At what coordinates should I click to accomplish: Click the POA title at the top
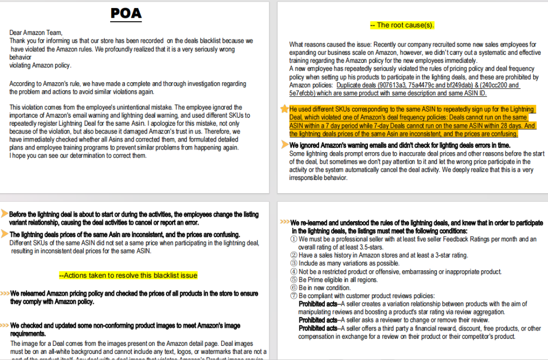click(x=126, y=13)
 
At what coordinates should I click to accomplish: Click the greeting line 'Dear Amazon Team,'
click(x=35, y=32)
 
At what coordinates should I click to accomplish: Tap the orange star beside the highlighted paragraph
click(x=284, y=109)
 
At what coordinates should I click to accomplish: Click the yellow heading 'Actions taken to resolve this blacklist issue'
click(x=128, y=275)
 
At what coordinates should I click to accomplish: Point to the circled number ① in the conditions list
click(x=294, y=239)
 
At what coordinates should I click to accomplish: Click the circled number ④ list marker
click(x=294, y=272)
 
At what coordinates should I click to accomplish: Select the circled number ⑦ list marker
click(x=294, y=296)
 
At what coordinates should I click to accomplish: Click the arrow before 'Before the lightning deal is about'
click(x=5, y=213)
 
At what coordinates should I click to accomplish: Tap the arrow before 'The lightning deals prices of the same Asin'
click(x=5, y=234)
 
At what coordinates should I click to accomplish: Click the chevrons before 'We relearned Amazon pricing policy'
click(x=5, y=294)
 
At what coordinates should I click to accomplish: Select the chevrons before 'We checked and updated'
click(x=5, y=325)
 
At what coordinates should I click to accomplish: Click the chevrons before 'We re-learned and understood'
click(x=285, y=223)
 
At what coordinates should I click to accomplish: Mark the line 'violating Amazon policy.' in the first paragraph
click(x=40, y=65)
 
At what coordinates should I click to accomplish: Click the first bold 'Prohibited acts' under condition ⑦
click(x=318, y=304)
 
